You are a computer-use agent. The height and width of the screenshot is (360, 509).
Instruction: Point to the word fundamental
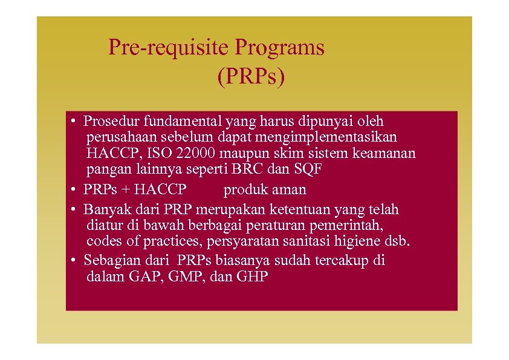[177, 122]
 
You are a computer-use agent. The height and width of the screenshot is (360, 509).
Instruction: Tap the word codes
[103, 242]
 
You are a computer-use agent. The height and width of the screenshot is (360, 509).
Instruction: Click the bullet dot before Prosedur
[71, 122]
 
